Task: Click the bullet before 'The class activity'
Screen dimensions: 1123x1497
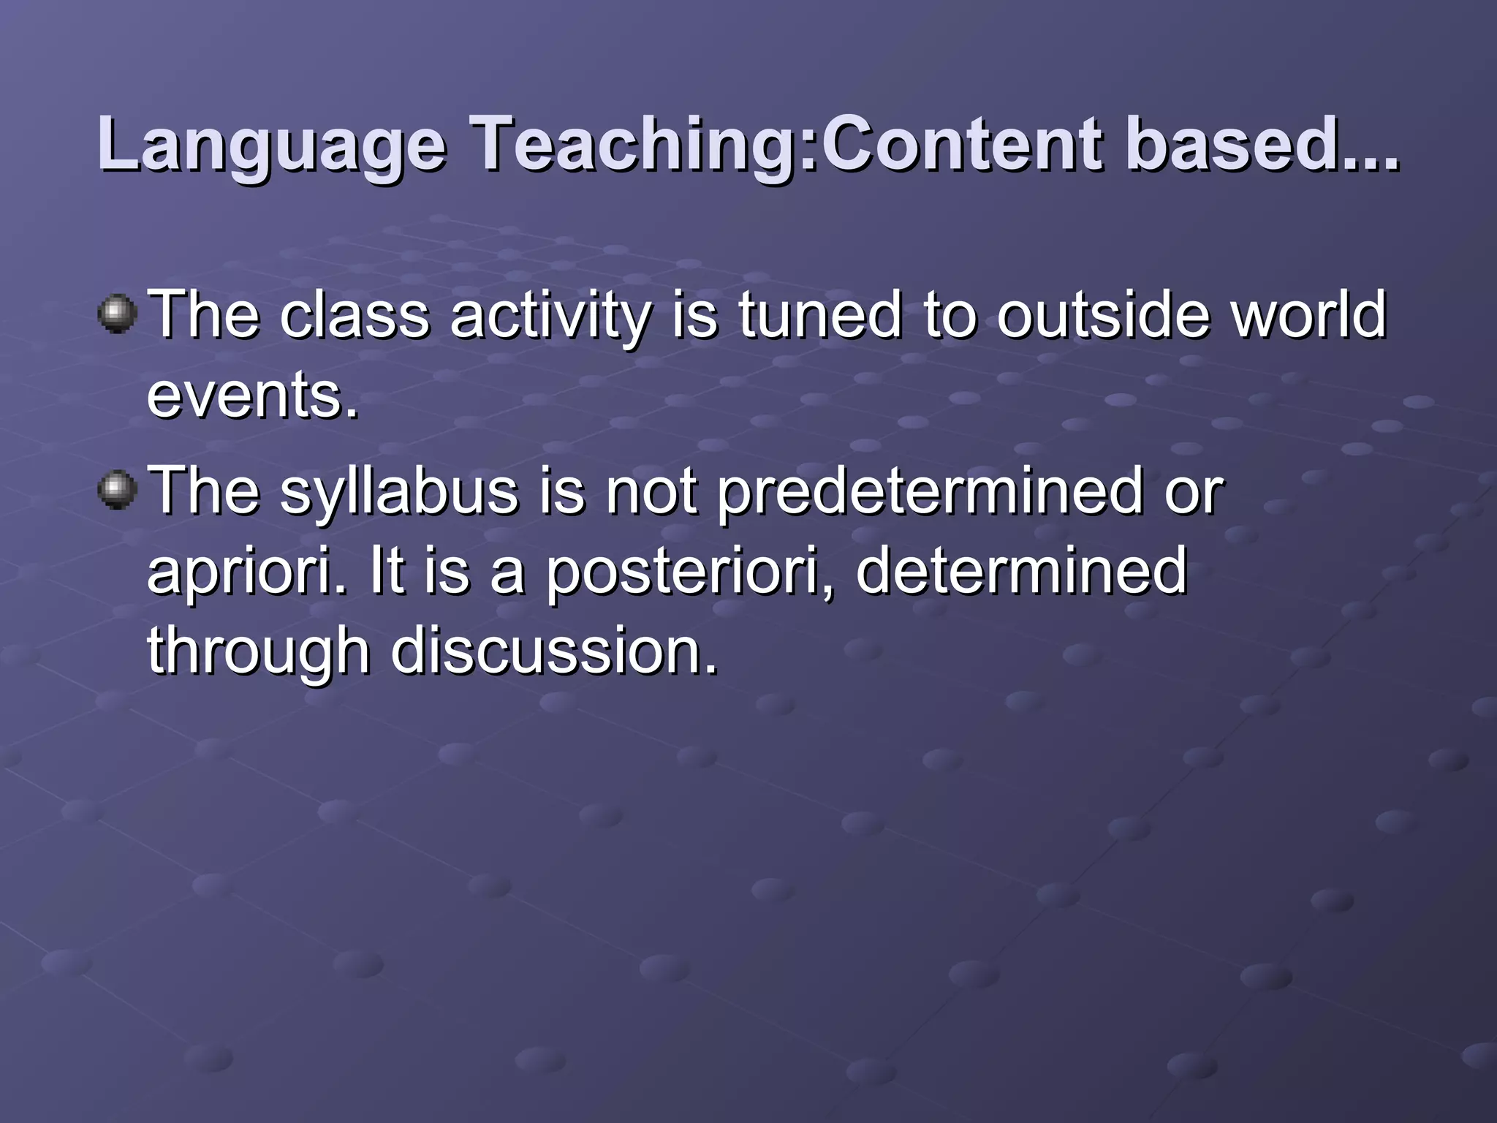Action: [x=117, y=314]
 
